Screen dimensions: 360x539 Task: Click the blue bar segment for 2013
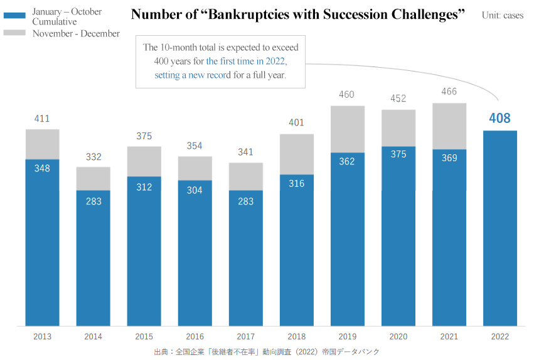click(43, 245)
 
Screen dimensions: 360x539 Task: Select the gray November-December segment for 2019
click(347, 129)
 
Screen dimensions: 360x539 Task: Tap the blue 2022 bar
click(499, 229)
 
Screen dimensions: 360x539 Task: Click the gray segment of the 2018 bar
click(296, 154)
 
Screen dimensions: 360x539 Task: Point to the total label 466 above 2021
click(449, 92)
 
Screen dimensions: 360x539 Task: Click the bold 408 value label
click(499, 118)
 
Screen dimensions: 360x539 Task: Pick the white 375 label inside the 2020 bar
click(398, 154)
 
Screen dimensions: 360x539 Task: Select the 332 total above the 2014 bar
click(93, 157)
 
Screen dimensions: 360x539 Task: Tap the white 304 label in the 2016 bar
click(195, 190)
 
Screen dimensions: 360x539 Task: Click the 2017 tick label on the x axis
click(245, 337)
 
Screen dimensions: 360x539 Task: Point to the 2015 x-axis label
click(144, 337)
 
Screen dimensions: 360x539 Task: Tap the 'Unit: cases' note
click(502, 15)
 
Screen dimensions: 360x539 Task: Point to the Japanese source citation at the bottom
click(267, 352)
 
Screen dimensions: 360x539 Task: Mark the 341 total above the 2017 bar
click(245, 152)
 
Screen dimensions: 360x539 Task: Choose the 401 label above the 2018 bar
click(296, 122)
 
